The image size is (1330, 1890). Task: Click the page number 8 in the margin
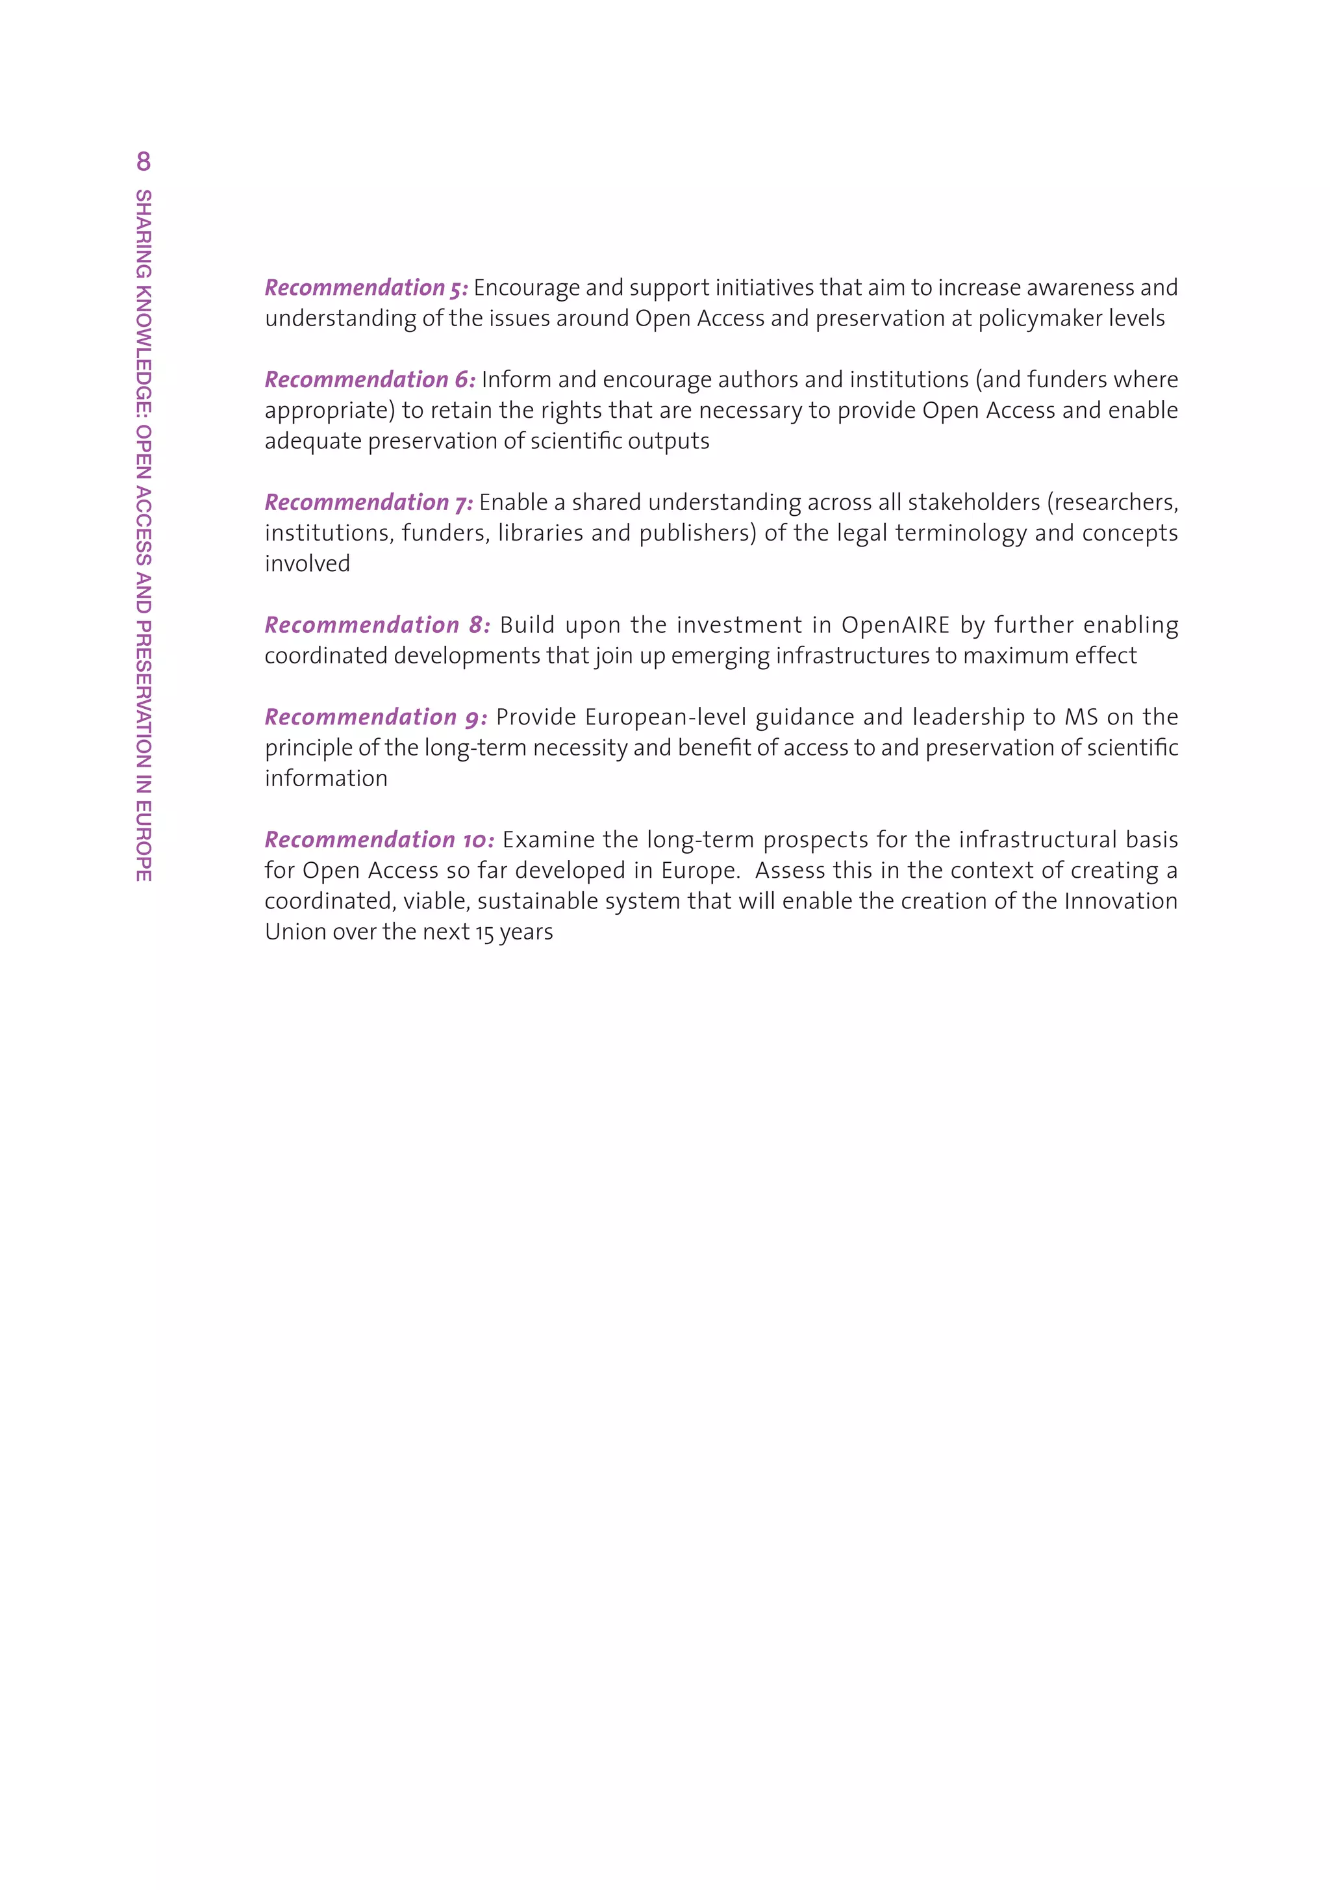tap(144, 162)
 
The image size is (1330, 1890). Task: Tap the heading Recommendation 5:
tap(366, 288)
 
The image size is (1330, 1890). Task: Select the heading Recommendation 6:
tap(370, 380)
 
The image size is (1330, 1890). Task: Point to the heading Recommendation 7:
tap(369, 503)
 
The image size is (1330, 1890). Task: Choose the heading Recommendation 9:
tap(376, 718)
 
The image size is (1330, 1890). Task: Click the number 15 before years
tap(484, 932)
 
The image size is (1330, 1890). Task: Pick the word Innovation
tap(1121, 901)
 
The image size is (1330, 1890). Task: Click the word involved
tap(307, 564)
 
